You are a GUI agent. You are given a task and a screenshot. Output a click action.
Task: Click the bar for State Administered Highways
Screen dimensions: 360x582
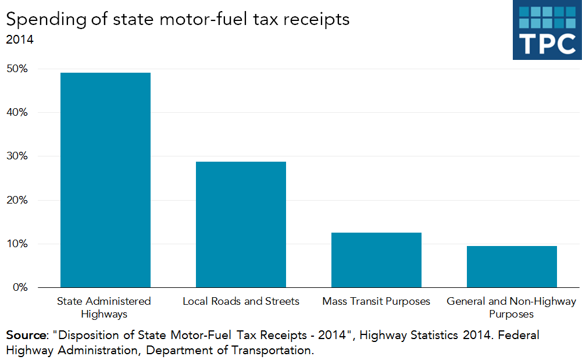pos(105,180)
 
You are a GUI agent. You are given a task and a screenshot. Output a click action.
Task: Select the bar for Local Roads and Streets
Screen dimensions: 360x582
pos(241,224)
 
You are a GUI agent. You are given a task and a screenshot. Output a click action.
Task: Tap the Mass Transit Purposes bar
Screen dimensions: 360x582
pos(376,259)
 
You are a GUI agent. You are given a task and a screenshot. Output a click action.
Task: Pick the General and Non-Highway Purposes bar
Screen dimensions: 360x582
pos(512,266)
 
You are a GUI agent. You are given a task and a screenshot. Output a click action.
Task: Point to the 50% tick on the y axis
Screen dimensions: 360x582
pos(17,69)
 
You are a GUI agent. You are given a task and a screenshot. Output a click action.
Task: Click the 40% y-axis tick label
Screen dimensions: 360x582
pos(17,112)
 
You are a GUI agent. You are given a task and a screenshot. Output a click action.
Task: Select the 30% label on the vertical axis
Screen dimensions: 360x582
pos(17,156)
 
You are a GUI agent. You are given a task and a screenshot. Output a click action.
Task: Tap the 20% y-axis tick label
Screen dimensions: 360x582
pos(17,200)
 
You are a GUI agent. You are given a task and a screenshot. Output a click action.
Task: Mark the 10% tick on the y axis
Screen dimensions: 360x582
pos(17,244)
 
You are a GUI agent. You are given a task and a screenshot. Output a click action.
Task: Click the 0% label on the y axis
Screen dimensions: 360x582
pos(20,287)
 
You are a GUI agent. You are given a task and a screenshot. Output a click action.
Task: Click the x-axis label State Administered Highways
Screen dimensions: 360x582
pos(103,307)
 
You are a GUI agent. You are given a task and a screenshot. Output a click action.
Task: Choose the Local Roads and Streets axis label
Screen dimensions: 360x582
pos(241,301)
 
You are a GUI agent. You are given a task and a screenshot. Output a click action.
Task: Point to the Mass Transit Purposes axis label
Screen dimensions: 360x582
pos(376,301)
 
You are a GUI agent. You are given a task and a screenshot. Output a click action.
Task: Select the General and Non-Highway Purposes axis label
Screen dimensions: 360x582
pos(511,307)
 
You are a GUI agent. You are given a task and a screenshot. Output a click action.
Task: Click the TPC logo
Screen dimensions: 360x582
pos(547,30)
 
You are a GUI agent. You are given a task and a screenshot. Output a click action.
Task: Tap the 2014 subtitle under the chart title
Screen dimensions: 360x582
pos(20,40)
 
